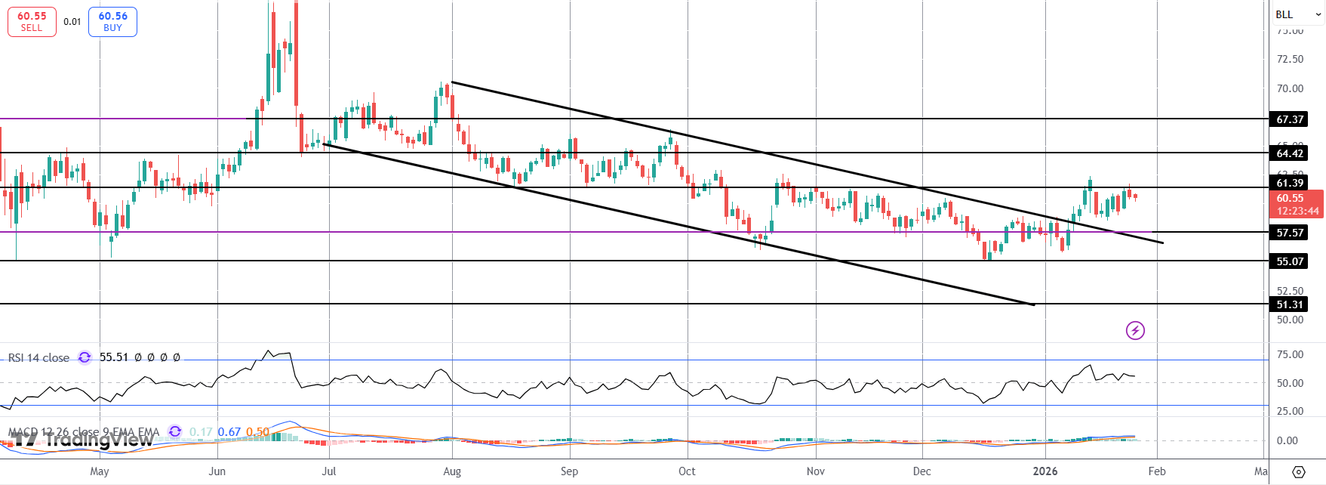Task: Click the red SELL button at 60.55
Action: pyautogui.click(x=32, y=21)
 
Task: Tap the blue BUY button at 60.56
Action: pyautogui.click(x=112, y=21)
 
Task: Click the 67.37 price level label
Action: pyautogui.click(x=1290, y=119)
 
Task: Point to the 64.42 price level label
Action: pyautogui.click(x=1290, y=153)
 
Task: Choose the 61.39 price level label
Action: pyautogui.click(x=1290, y=183)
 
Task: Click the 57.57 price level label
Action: pyautogui.click(x=1290, y=233)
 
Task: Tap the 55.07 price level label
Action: pyautogui.click(x=1290, y=261)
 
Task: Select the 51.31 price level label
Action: pyautogui.click(x=1290, y=304)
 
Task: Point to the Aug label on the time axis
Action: pyautogui.click(x=452, y=471)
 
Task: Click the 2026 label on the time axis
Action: pyautogui.click(x=1045, y=471)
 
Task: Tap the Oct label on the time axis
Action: pyautogui.click(x=687, y=471)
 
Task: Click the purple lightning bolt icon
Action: pyautogui.click(x=1135, y=330)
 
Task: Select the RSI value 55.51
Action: pyautogui.click(x=114, y=357)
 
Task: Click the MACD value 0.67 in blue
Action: pyautogui.click(x=229, y=432)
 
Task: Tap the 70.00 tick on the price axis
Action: pyautogui.click(x=1290, y=88)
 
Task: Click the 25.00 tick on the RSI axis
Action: pyautogui.click(x=1290, y=411)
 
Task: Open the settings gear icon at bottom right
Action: pyautogui.click(x=1298, y=472)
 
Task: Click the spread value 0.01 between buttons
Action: pyautogui.click(x=72, y=22)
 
